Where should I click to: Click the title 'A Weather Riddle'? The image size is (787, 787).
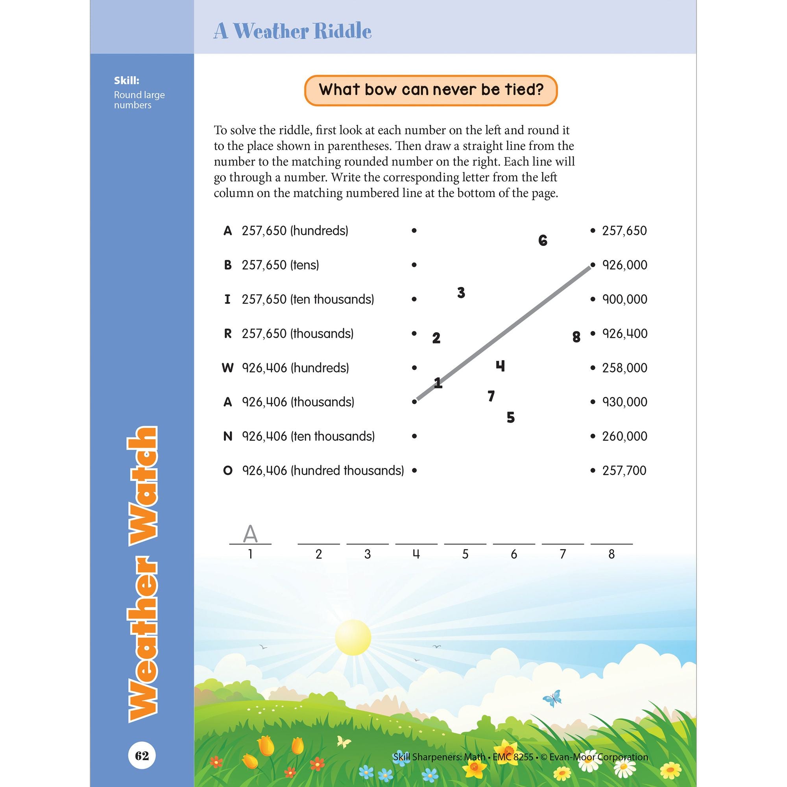[x=292, y=31]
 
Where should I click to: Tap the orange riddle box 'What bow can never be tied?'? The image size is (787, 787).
[x=430, y=90]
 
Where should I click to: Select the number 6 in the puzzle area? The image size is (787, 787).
[x=543, y=241]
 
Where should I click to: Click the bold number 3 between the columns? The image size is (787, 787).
[x=461, y=292]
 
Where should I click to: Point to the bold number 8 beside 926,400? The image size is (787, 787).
[x=576, y=337]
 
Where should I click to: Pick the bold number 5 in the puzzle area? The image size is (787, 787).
[x=510, y=418]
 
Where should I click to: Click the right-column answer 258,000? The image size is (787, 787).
[x=624, y=368]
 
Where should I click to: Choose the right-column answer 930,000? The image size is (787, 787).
[x=624, y=402]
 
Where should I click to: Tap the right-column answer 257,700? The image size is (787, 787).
[x=624, y=471]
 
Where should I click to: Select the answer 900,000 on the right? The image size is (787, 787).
[x=624, y=299]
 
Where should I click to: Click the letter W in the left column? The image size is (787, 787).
[x=227, y=368]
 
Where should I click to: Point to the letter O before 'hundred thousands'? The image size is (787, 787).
[x=228, y=471]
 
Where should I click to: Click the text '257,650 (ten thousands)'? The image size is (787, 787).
[x=308, y=299]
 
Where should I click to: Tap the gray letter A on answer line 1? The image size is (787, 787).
[x=250, y=534]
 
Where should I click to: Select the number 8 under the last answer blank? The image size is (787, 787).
[x=611, y=554]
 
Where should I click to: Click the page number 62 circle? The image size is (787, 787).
[x=142, y=756]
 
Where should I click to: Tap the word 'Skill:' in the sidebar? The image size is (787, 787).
[x=127, y=81]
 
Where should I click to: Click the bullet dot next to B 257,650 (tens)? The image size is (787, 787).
[x=414, y=265]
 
